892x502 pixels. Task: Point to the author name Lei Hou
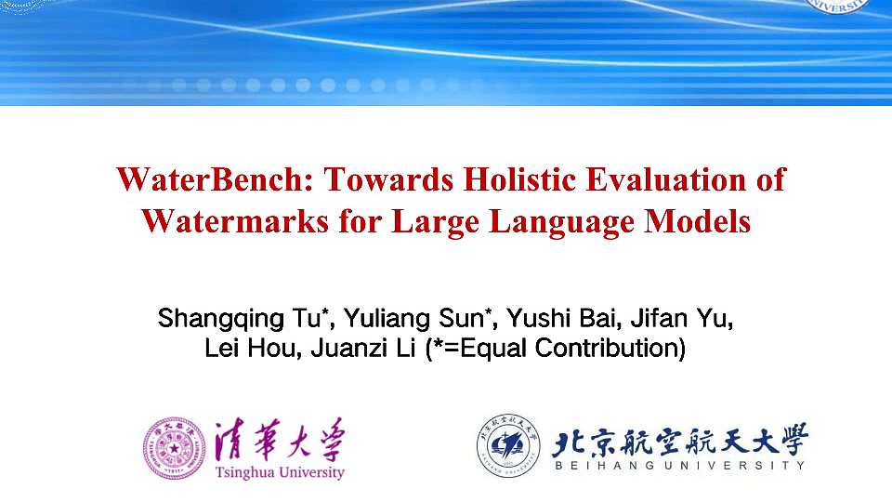(246, 350)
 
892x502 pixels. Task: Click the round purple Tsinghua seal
(174, 448)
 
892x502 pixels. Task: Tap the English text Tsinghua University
(279, 472)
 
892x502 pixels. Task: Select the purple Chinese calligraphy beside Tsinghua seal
(279, 440)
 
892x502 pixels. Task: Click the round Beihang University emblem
(508, 444)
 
